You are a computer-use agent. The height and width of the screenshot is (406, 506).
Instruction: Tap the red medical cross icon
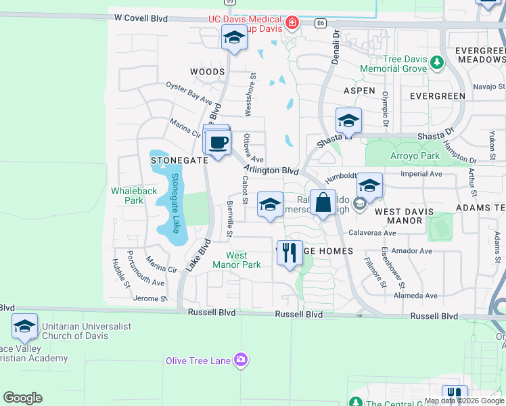tap(292, 24)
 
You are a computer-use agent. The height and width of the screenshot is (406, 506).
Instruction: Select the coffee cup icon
tap(218, 143)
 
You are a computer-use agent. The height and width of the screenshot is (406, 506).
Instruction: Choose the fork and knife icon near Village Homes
tap(290, 253)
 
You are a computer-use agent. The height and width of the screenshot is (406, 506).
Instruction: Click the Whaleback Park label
tap(134, 196)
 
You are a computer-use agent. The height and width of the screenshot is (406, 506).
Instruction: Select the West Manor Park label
tap(243, 260)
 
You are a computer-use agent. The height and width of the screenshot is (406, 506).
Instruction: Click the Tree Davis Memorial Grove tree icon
tap(437, 63)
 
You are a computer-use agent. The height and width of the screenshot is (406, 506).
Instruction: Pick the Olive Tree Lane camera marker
tap(240, 359)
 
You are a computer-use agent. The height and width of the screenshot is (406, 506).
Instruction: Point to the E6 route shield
tap(321, 23)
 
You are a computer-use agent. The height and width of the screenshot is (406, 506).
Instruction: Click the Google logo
tap(23, 398)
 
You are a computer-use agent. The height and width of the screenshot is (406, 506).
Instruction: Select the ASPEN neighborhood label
tap(359, 90)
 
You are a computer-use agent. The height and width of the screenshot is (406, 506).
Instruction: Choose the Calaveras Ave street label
tap(372, 233)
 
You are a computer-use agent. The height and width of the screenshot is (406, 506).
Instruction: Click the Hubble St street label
tap(121, 274)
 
